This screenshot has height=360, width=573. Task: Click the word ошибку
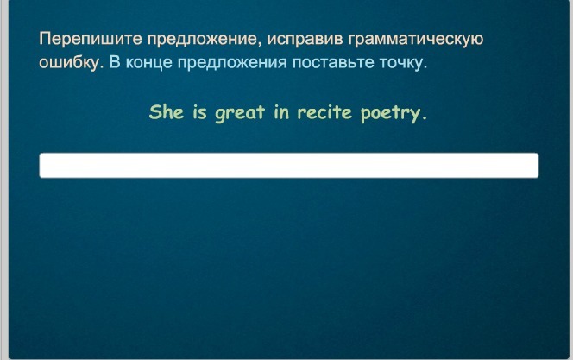pyautogui.click(x=69, y=62)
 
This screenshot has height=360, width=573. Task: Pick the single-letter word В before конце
pyautogui.click(x=115, y=62)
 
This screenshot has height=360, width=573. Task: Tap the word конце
pyautogui.click(x=148, y=63)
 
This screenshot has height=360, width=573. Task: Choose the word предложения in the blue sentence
pyautogui.click(x=232, y=63)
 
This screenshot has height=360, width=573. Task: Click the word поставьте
pyautogui.click(x=333, y=63)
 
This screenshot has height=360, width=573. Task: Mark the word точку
pyautogui.click(x=400, y=63)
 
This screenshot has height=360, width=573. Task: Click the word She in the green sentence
pyautogui.click(x=167, y=112)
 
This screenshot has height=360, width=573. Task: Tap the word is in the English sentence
pyautogui.click(x=199, y=112)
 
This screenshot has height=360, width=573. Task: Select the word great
pyautogui.click(x=240, y=113)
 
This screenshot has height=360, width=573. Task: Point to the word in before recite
pyautogui.click(x=281, y=112)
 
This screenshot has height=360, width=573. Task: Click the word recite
pyautogui.click(x=324, y=112)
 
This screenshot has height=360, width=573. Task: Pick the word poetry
pyautogui.click(x=391, y=114)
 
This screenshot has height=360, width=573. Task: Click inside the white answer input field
pyautogui.click(x=289, y=166)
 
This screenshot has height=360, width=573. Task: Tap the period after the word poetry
pyautogui.click(x=424, y=118)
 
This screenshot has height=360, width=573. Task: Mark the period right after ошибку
pyautogui.click(x=102, y=67)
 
